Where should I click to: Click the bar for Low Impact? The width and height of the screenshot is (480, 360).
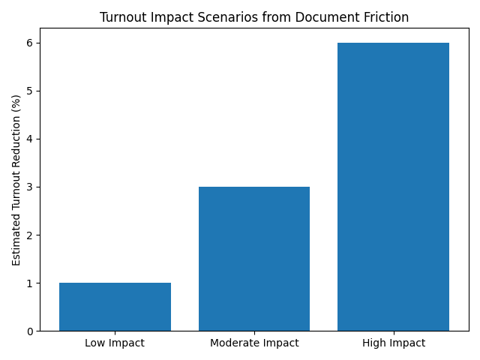(x=115, y=307)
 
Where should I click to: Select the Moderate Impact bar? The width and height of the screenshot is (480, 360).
(x=254, y=259)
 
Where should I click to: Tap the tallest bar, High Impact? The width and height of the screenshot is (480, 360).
(x=393, y=187)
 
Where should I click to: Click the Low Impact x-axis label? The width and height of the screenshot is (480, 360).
(x=115, y=343)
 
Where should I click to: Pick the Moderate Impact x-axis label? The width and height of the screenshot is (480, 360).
(x=254, y=343)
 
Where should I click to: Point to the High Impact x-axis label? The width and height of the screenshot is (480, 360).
(x=393, y=343)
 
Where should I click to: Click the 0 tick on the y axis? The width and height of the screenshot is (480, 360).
(x=31, y=331)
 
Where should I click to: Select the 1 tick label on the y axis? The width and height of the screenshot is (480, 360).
(x=31, y=283)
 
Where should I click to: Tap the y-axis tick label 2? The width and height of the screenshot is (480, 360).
(x=31, y=235)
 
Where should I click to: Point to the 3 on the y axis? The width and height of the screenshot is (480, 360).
(x=31, y=187)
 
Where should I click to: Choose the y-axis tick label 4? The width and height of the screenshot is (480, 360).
(x=31, y=139)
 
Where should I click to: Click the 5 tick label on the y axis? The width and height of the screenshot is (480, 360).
(x=31, y=91)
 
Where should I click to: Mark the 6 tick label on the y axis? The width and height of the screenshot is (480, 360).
(x=31, y=43)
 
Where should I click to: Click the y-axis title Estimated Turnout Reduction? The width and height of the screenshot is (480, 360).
(x=16, y=180)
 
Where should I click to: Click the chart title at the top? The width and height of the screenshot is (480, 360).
(x=254, y=18)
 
